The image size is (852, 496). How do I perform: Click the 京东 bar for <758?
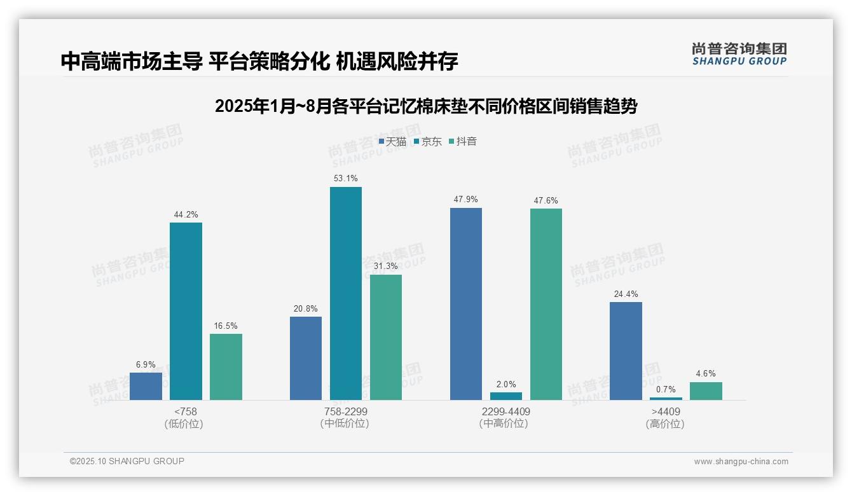click(186, 311)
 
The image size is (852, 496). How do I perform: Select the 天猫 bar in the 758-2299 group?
click(305, 358)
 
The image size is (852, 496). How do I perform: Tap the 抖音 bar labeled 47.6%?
click(546, 304)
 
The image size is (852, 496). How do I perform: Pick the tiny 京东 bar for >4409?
click(666, 398)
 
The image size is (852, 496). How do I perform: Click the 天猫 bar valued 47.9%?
click(465, 304)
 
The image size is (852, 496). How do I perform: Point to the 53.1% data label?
click(345, 179)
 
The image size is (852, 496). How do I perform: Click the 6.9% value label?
click(146, 364)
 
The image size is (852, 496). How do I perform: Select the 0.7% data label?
click(666, 389)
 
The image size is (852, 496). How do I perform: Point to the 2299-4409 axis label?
click(505, 411)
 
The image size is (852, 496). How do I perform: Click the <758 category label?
click(186, 411)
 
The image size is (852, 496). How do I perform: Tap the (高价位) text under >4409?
click(665, 424)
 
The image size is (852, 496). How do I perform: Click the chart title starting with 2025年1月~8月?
click(426, 106)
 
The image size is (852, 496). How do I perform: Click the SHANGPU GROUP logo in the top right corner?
click(739, 54)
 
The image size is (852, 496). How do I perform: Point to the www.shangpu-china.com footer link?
click(741, 462)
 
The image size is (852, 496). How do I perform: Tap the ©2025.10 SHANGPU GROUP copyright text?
click(127, 461)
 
